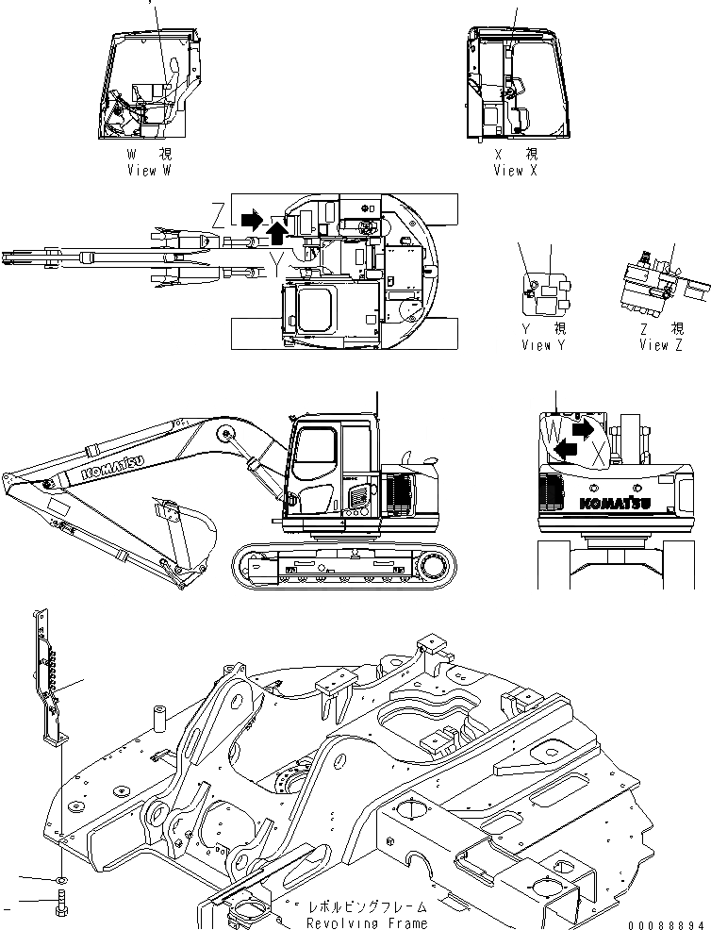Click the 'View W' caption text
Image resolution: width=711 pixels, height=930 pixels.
[x=148, y=171]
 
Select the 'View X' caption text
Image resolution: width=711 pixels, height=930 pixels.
[x=515, y=171]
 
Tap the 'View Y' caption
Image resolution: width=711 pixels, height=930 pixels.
[x=543, y=345]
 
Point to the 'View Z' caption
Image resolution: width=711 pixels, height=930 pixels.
[x=661, y=345]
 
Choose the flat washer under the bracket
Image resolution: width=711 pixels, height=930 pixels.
[x=60, y=878]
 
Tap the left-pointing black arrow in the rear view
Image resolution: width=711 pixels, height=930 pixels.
[x=566, y=450]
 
